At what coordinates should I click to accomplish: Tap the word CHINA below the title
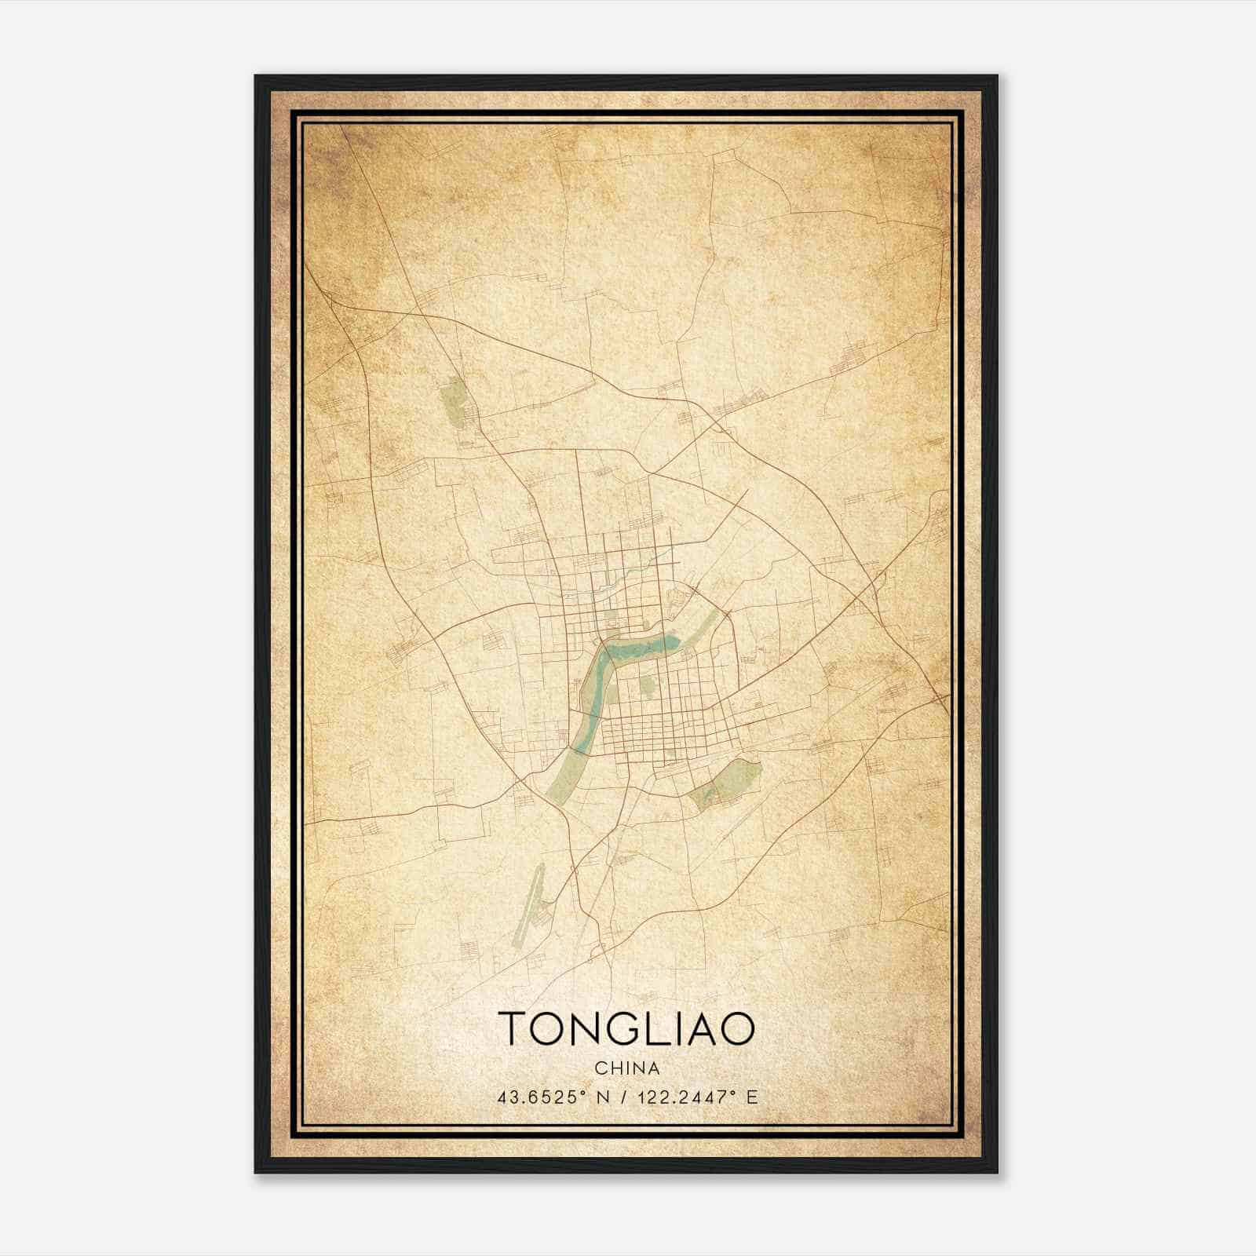626,1068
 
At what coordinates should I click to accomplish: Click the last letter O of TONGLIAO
740,1028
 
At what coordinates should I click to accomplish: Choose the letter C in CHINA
600,1068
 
